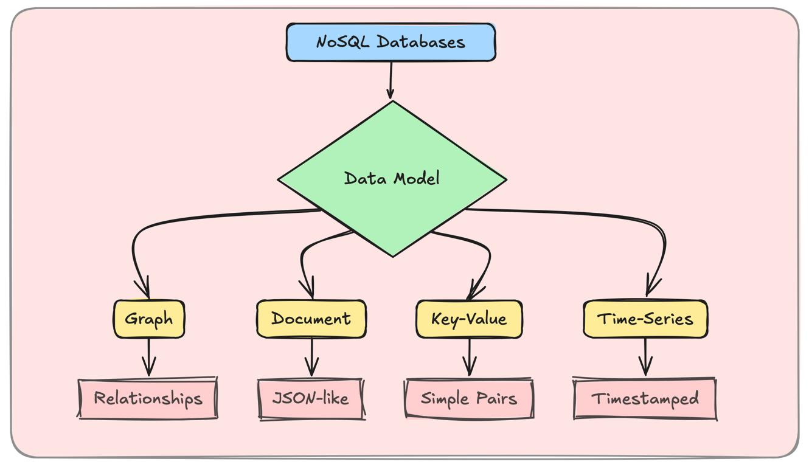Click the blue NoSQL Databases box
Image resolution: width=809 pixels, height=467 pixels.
(391, 43)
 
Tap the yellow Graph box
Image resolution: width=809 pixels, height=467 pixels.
(149, 319)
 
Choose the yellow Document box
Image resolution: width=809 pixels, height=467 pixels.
(311, 319)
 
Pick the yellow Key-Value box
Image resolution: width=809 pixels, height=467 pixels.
(469, 319)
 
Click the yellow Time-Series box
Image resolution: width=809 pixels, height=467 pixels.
(645, 319)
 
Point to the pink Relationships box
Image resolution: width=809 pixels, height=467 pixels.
(148, 399)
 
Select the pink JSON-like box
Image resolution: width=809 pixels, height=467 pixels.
(311, 399)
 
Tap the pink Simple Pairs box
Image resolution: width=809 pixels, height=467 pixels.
(469, 399)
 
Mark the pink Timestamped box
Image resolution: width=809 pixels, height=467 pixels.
(645, 399)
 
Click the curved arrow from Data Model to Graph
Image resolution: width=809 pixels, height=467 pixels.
(182, 221)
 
